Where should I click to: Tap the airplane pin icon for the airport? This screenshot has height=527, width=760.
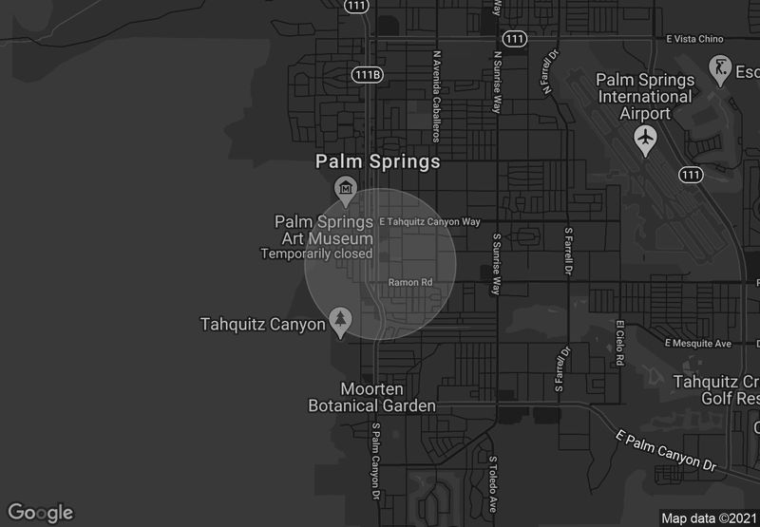click(x=645, y=140)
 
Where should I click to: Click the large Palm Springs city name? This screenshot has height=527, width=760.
click(x=378, y=161)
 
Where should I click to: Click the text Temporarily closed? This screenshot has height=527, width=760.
click(x=316, y=254)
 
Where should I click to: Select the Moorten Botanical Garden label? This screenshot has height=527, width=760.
click(x=371, y=398)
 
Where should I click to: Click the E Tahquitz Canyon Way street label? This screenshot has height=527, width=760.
click(x=430, y=221)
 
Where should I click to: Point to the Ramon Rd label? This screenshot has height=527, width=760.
click(x=410, y=282)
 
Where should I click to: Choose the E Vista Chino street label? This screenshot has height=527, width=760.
click(x=694, y=39)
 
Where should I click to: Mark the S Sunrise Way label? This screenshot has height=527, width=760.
click(x=496, y=267)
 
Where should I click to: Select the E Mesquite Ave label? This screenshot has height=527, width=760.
click(x=698, y=342)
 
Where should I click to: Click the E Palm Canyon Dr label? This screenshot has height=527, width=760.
click(x=664, y=450)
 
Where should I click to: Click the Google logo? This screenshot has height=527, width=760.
click(x=39, y=513)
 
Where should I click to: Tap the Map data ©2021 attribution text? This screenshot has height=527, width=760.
click(x=708, y=518)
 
